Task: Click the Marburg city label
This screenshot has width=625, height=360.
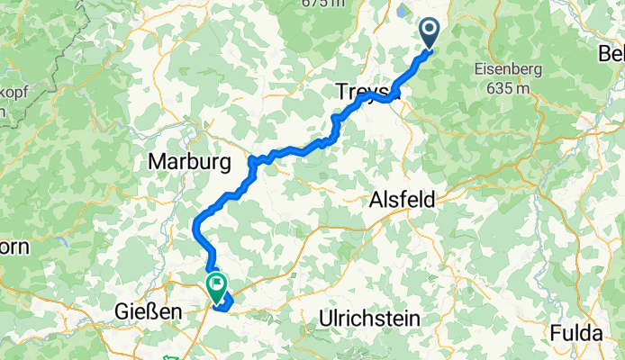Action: (188, 163)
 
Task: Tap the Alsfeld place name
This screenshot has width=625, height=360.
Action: (403, 202)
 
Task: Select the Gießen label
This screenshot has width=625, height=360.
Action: (149, 311)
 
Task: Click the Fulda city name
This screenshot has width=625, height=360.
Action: (576, 333)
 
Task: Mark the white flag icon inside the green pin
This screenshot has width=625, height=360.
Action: (217, 284)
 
